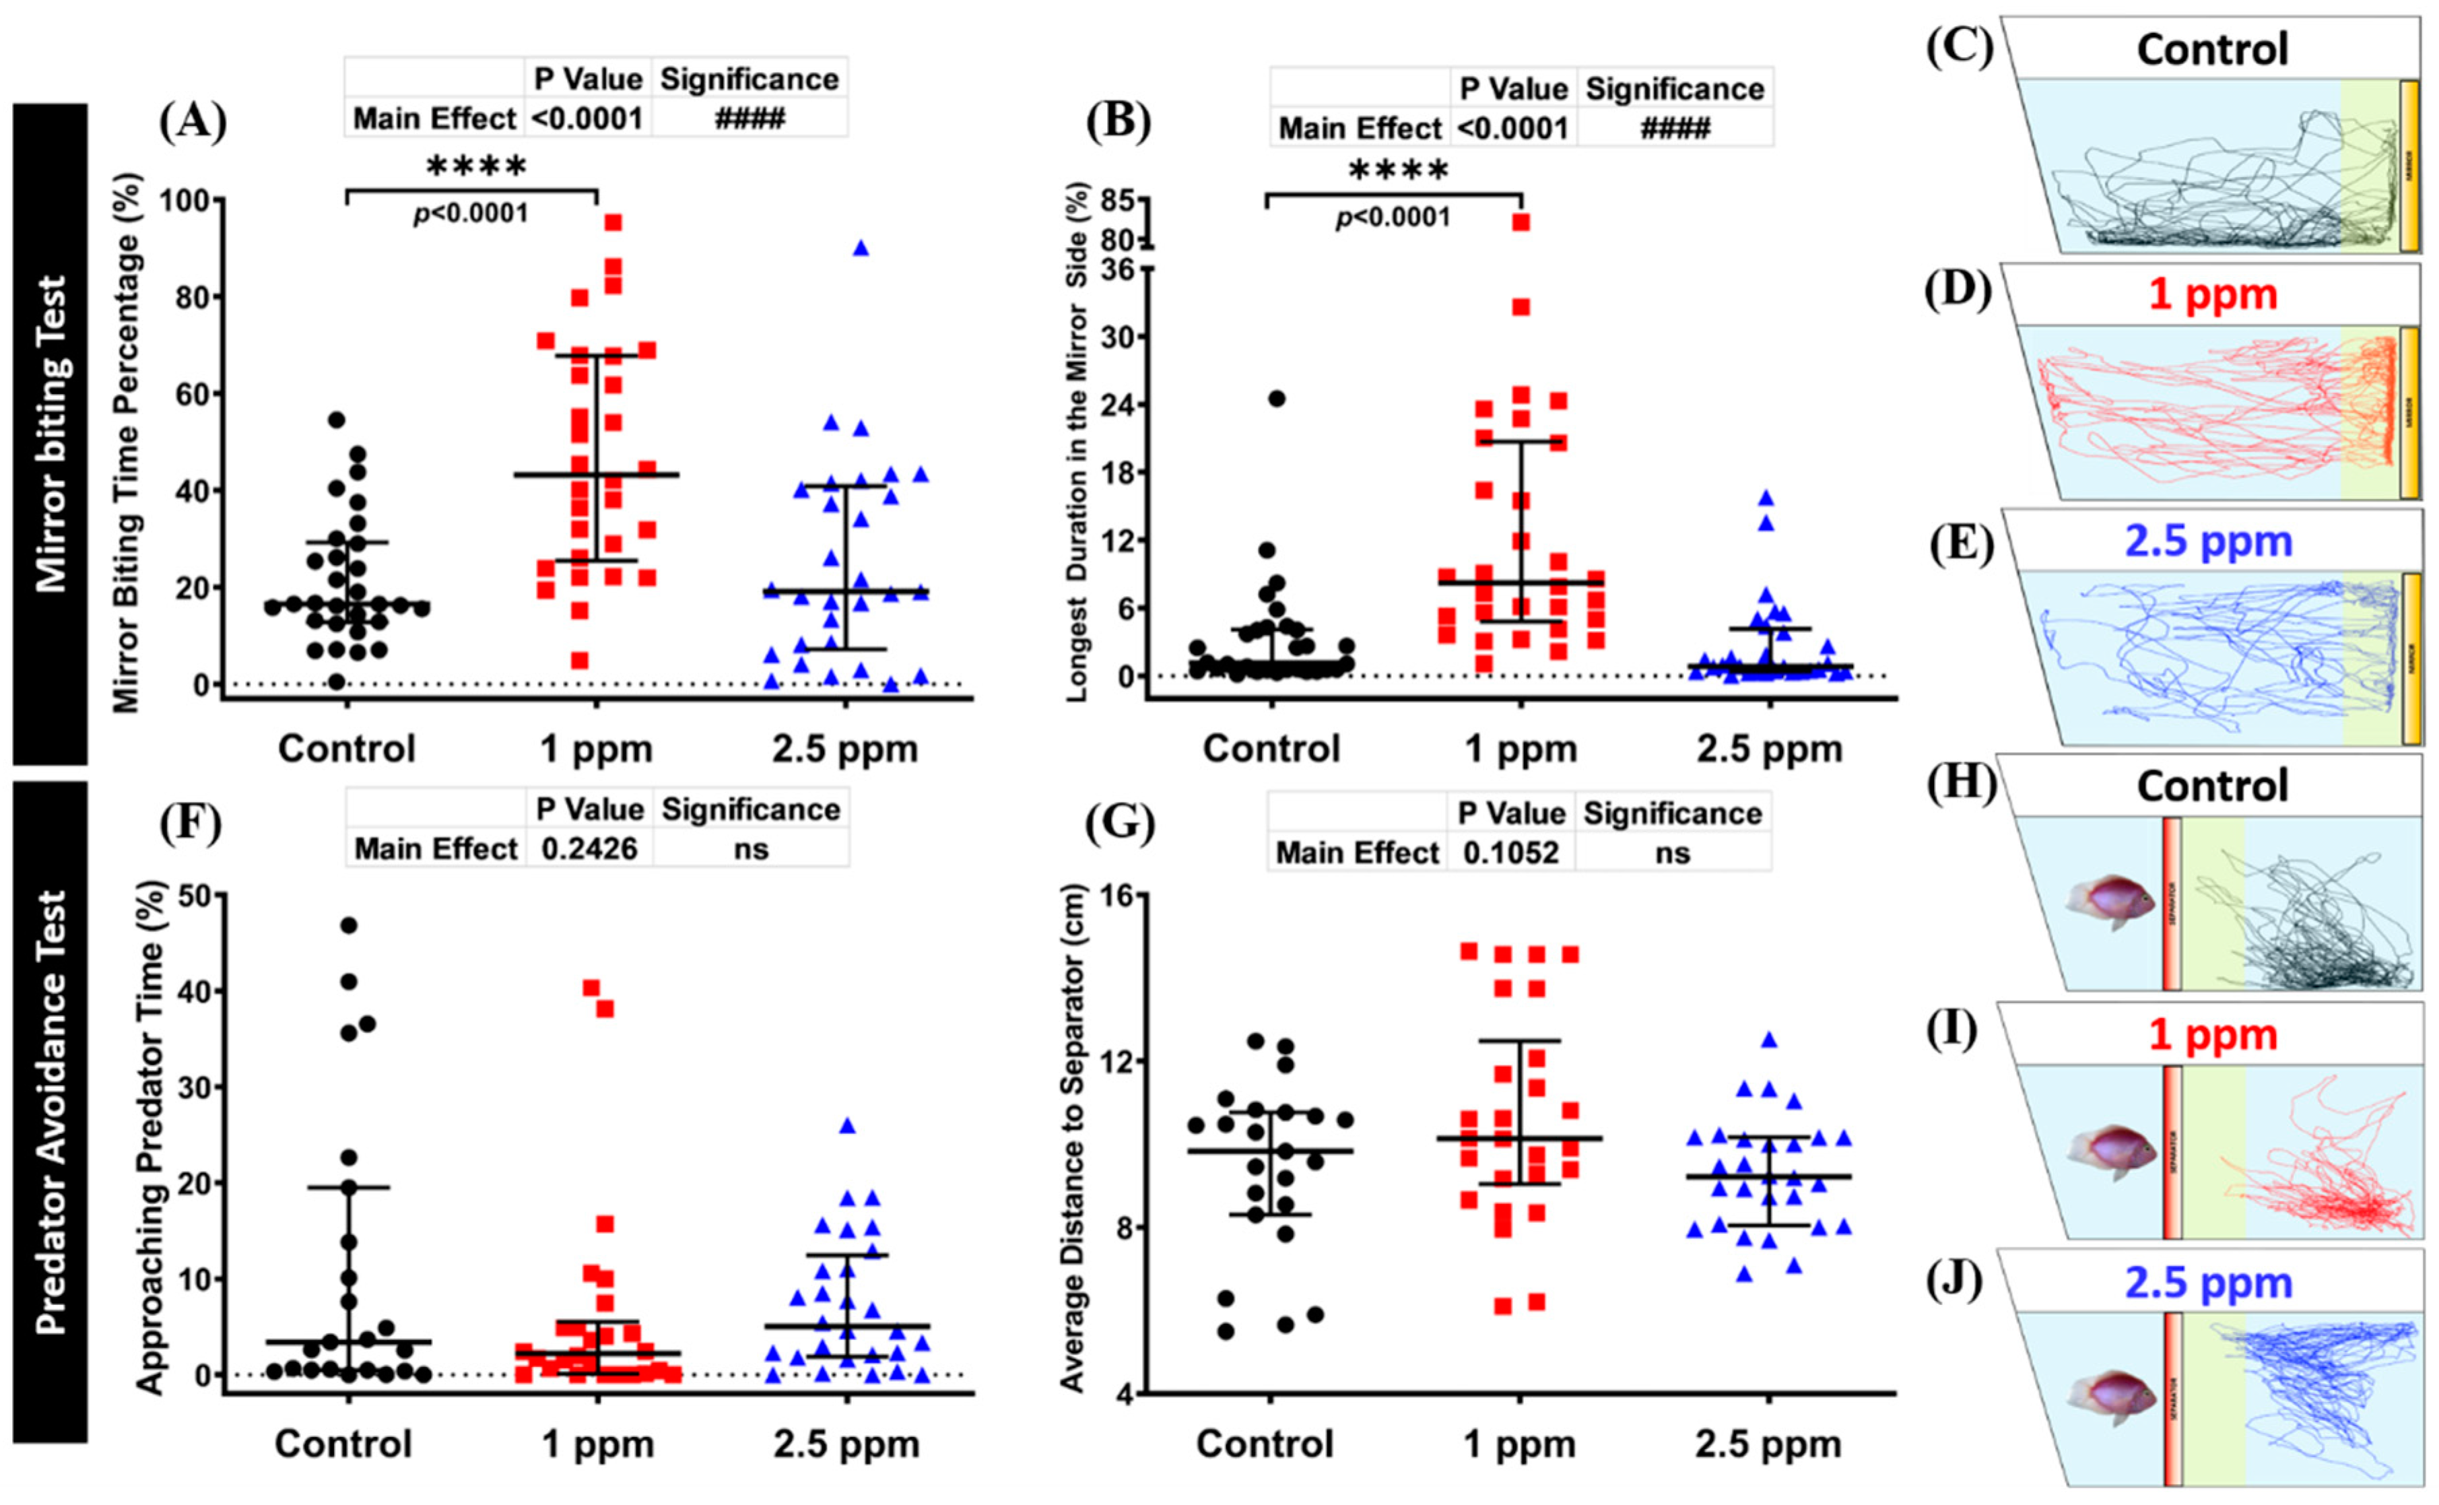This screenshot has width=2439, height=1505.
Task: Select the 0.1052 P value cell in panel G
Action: pos(1510,853)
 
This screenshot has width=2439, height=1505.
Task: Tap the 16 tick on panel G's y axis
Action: pos(1119,896)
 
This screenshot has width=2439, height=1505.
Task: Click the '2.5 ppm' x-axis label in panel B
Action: pos(1769,749)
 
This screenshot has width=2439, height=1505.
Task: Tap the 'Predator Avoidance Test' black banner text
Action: pos(50,1111)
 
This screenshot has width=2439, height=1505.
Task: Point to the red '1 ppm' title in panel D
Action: pos(2212,295)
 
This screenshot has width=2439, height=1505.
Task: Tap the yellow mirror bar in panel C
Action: pos(2409,165)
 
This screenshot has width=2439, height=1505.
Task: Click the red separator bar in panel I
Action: pos(2171,1151)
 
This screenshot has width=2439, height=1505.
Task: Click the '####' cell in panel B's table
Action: pos(1675,129)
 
